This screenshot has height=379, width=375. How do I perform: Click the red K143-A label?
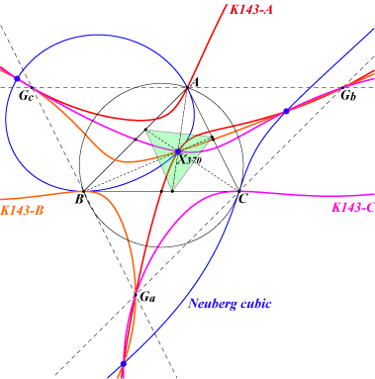(x=251, y=10)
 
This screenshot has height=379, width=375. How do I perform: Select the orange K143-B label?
(x=22, y=210)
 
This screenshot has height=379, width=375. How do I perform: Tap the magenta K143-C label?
(x=353, y=208)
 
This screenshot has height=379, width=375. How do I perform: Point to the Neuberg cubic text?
(x=230, y=304)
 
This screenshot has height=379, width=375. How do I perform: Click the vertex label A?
(x=195, y=82)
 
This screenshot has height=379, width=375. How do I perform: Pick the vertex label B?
(x=78, y=199)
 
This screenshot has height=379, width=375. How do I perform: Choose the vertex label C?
(x=242, y=199)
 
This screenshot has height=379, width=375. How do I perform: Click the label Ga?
(x=147, y=297)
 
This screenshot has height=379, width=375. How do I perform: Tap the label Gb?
(x=348, y=96)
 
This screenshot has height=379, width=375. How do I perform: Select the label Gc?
(x=26, y=96)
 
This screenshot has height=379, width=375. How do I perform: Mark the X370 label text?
(x=190, y=160)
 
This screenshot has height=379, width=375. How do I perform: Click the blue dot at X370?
(x=178, y=151)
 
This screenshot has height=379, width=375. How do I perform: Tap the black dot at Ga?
(x=136, y=295)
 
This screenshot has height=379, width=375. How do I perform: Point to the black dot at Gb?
(x=342, y=87)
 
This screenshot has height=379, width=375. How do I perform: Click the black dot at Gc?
(x=32, y=87)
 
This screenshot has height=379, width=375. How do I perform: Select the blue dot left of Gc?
(x=17, y=79)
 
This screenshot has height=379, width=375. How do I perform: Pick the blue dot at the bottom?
(x=124, y=364)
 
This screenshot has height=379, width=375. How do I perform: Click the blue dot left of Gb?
(x=286, y=111)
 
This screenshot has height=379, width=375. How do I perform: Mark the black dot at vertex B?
(x=83, y=191)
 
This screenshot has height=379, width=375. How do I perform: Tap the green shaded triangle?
(x=175, y=148)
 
